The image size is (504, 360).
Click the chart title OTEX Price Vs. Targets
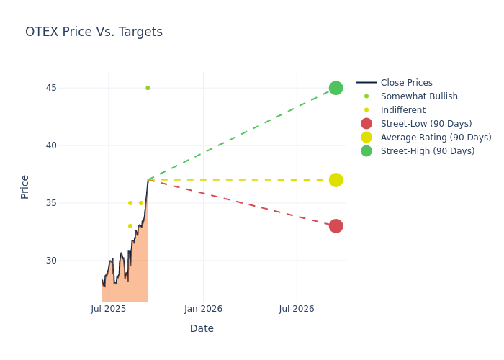94,32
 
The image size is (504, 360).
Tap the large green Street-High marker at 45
336,88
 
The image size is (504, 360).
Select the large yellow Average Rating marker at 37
336,180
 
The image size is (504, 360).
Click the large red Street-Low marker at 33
336,226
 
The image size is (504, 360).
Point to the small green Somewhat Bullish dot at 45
148,88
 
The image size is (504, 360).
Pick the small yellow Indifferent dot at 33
130,226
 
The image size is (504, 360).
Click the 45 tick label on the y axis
71,88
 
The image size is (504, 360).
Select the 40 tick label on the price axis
71,145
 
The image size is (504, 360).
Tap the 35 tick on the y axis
71,203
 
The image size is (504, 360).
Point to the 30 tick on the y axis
71,261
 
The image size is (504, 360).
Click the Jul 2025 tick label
109,309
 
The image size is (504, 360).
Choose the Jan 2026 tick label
203,309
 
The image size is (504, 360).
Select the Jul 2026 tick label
296,309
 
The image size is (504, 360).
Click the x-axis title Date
202,328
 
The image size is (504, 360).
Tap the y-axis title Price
25,186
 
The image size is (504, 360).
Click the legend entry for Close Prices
406,83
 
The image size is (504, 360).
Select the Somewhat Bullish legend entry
419,96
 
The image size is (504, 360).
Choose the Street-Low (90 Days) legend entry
426,124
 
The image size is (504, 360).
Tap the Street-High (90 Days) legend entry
427,151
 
